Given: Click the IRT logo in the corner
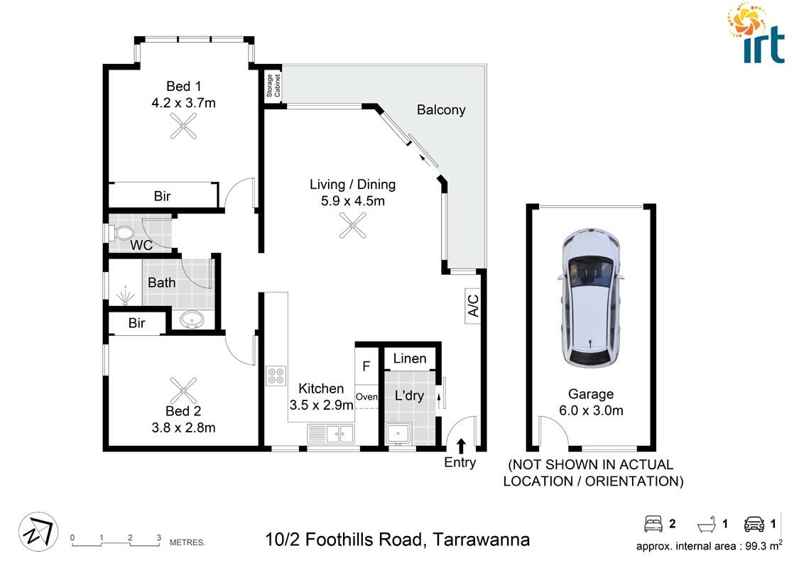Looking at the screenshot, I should click(x=756, y=33).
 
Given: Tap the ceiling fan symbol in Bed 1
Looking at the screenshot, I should click(x=183, y=127).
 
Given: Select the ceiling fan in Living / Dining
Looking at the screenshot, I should click(x=352, y=227).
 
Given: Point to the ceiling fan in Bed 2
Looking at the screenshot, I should click(x=183, y=389).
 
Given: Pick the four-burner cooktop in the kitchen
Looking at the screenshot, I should click(x=276, y=376).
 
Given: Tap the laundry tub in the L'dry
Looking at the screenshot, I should click(x=398, y=433).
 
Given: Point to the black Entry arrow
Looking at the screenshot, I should click(x=461, y=446).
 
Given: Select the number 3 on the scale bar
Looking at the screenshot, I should click(x=158, y=537).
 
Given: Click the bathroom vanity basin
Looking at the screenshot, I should click(x=192, y=320).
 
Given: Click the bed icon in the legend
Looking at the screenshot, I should click(x=653, y=525).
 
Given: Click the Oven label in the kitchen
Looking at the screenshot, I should click(x=366, y=397).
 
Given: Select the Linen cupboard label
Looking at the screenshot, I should click(x=410, y=359).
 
